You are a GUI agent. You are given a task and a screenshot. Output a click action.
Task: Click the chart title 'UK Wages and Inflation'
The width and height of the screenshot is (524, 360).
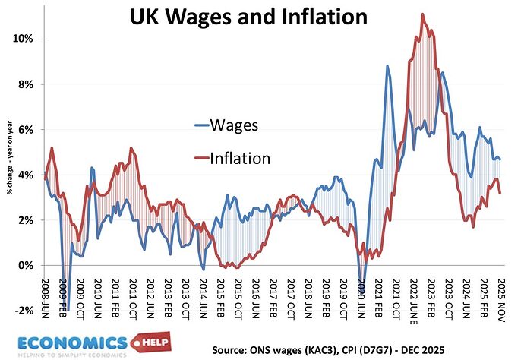click(x=248, y=17)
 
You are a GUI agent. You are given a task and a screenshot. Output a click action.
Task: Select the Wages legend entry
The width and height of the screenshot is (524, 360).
click(x=226, y=125)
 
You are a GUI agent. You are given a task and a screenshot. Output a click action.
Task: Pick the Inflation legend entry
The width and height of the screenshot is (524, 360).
click(x=232, y=159)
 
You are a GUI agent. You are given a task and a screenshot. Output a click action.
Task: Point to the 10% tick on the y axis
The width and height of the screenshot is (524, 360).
click(x=23, y=39)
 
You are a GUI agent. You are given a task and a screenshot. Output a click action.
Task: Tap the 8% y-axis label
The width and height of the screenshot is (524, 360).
click(x=26, y=84)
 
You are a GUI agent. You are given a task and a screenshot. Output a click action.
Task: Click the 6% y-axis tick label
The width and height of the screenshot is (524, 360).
click(x=26, y=130)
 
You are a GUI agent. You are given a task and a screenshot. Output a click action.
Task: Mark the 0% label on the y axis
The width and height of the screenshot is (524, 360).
click(x=26, y=265)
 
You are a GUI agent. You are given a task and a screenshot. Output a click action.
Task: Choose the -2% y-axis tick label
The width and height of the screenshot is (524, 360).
click(x=24, y=311)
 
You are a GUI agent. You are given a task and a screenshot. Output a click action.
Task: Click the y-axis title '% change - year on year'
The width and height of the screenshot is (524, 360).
click(x=9, y=157)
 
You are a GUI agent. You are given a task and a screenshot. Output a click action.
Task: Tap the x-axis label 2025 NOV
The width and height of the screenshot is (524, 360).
click(x=500, y=300)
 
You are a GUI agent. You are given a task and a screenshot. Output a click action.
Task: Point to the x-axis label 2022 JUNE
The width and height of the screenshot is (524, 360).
click(x=413, y=302)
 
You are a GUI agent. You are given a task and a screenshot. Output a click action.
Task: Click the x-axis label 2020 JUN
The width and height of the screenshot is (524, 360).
click(x=361, y=298)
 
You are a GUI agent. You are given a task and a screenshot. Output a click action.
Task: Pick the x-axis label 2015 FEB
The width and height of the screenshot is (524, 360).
click(x=220, y=298)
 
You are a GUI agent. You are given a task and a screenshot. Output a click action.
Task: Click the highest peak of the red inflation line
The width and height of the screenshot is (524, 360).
click(x=423, y=14)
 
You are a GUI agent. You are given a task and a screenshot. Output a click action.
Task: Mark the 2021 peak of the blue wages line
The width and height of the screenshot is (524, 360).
click(x=387, y=66)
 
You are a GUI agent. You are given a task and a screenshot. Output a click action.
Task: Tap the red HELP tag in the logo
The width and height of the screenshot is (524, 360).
click(x=151, y=342)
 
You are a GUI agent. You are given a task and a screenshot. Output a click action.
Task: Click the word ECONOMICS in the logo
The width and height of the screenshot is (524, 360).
click(x=73, y=343)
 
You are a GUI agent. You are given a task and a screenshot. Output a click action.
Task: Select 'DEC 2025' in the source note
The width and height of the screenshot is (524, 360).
click(x=423, y=350)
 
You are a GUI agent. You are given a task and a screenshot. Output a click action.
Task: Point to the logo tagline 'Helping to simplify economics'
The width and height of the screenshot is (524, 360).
click(x=72, y=355)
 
